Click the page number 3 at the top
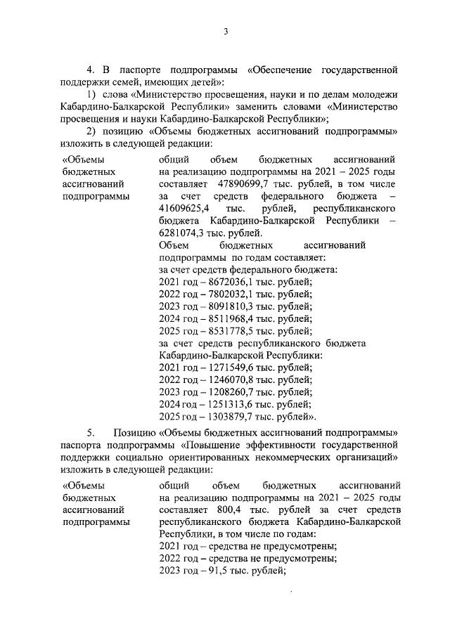coord(225,32)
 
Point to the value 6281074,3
coord(183,234)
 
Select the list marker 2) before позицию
coord(91,131)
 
